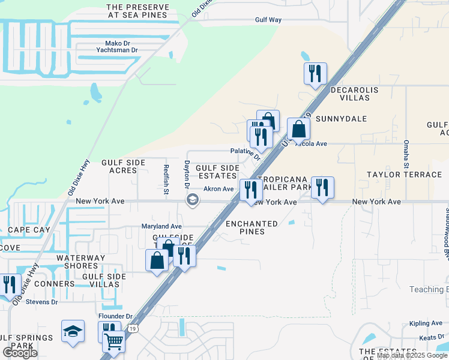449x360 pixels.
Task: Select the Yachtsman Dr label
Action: point(118,50)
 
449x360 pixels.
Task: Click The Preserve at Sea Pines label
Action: point(137,11)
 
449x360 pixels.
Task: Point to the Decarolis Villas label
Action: point(354,93)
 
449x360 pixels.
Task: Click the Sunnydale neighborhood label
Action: point(340,119)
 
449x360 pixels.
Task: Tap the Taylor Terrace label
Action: point(404,175)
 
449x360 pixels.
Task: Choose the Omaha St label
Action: point(406,155)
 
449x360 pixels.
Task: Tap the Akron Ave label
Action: point(218,189)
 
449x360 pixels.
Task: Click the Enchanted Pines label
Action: point(252,227)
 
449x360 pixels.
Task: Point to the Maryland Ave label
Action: point(161,226)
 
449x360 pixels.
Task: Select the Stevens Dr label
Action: point(42,302)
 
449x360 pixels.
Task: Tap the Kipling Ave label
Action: point(426,323)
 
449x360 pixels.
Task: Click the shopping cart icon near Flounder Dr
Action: point(113,341)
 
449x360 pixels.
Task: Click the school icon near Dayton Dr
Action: point(193,201)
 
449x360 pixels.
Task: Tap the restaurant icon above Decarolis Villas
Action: point(315,74)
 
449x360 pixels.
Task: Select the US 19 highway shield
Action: point(133,328)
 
